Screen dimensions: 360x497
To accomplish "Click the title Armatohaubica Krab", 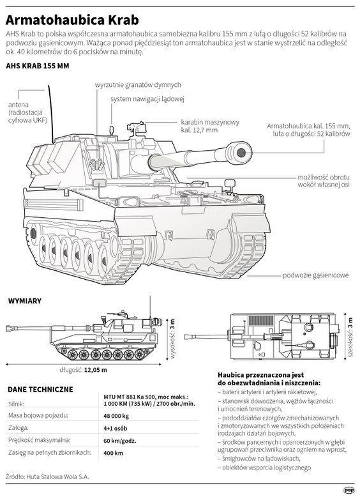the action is click(72, 20).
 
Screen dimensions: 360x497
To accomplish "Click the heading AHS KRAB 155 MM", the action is click(38, 66).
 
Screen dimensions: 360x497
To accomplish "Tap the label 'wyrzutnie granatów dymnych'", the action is click(138, 84).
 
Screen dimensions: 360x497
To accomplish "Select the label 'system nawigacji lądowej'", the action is click(147, 99).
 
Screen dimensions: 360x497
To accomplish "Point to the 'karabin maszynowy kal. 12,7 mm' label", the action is click(210, 126).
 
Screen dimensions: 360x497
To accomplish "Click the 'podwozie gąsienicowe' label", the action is click(316, 275).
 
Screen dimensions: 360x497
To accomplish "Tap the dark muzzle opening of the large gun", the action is click(241, 153).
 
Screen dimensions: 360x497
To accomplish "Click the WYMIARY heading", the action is click(25, 301).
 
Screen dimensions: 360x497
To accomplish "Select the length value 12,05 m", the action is click(96, 370).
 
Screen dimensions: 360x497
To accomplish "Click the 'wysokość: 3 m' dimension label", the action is click(172, 339).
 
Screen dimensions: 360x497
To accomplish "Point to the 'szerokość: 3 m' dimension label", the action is click(350, 337).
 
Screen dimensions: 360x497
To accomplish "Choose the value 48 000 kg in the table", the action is click(116, 416).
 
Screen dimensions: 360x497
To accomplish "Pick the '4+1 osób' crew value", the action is click(116, 428).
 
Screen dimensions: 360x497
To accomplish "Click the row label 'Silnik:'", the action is click(17, 404).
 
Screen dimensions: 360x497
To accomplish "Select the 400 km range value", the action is click(113, 453).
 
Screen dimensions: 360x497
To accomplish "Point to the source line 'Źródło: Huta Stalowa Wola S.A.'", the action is click(47, 477).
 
